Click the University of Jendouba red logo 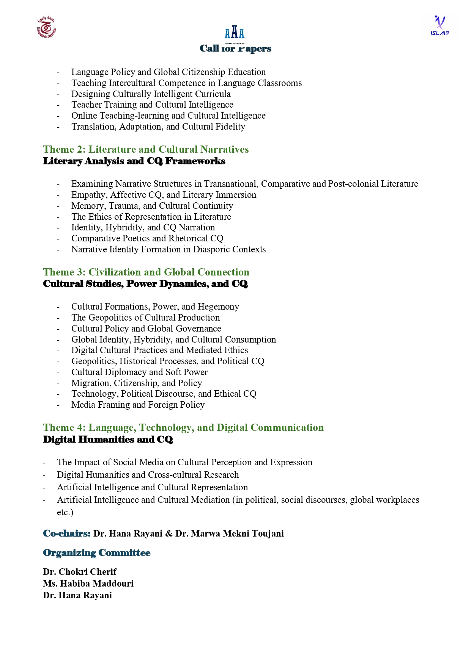click(46, 27)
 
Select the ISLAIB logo click(439, 25)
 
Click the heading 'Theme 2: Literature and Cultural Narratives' click(146, 149)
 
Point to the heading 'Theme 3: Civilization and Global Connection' click(146, 272)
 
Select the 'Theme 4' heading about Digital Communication click(183, 427)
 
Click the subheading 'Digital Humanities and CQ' click(108, 440)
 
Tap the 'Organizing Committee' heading click(97, 553)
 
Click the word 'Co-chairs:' click(67, 534)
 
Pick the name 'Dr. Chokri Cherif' click(80, 572)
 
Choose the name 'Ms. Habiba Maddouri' click(88, 584)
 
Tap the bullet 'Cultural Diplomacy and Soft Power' click(139, 372)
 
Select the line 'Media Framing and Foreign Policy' click(138, 405)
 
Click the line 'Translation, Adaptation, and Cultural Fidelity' click(158, 127)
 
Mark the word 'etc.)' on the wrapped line click(65, 512)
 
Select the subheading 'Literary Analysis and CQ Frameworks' click(134, 161)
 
